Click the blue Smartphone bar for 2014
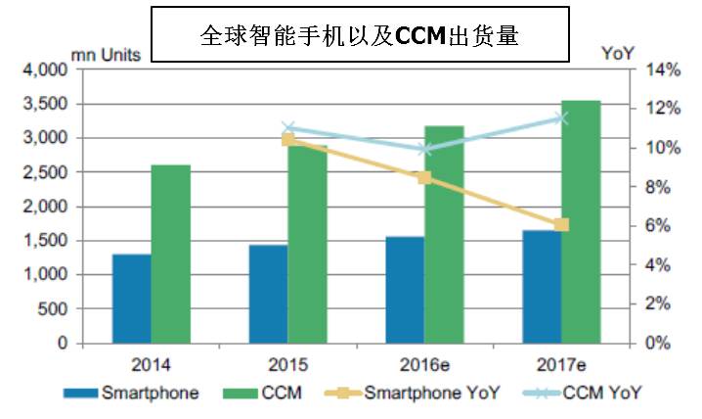tap(132, 299)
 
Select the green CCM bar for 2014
tap(171, 255)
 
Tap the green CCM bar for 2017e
tap(581, 222)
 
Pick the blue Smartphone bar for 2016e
tap(405, 290)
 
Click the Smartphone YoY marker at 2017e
tap(561, 225)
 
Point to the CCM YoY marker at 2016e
tap(424, 149)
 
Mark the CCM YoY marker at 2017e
tap(561, 117)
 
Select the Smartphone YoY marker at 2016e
tap(424, 177)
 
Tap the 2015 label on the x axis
tap(288, 365)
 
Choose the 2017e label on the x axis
tap(561, 365)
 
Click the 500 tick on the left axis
tap(53, 309)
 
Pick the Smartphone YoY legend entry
tap(431, 394)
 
